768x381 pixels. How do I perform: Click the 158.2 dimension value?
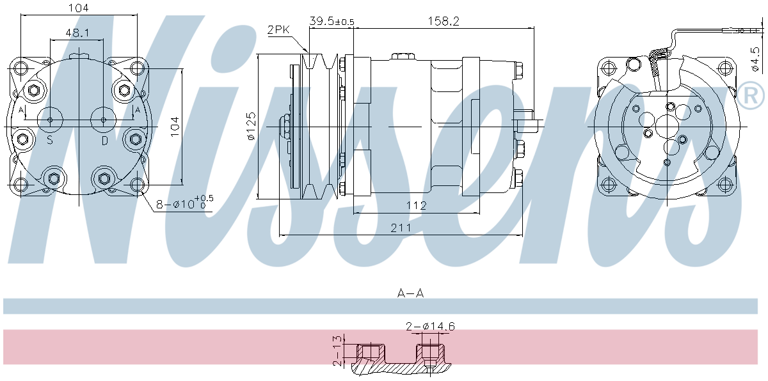pos(444,21)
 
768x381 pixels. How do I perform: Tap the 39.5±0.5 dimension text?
pos(332,21)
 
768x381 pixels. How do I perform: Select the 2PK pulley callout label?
pos(279,29)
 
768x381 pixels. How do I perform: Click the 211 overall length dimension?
pos(401,227)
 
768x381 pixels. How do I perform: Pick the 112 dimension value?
pos(416,205)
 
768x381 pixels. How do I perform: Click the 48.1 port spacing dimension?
pos(77,32)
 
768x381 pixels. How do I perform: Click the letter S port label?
pos(49,140)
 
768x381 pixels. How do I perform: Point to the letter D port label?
pos(104,140)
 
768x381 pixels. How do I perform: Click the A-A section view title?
pos(410,293)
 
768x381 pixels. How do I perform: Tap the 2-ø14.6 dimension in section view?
pos(430,326)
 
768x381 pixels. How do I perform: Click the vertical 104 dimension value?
pos(174,127)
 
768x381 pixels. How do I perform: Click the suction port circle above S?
pos(50,118)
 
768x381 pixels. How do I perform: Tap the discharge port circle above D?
pos(104,118)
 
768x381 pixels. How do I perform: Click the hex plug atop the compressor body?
pos(401,57)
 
